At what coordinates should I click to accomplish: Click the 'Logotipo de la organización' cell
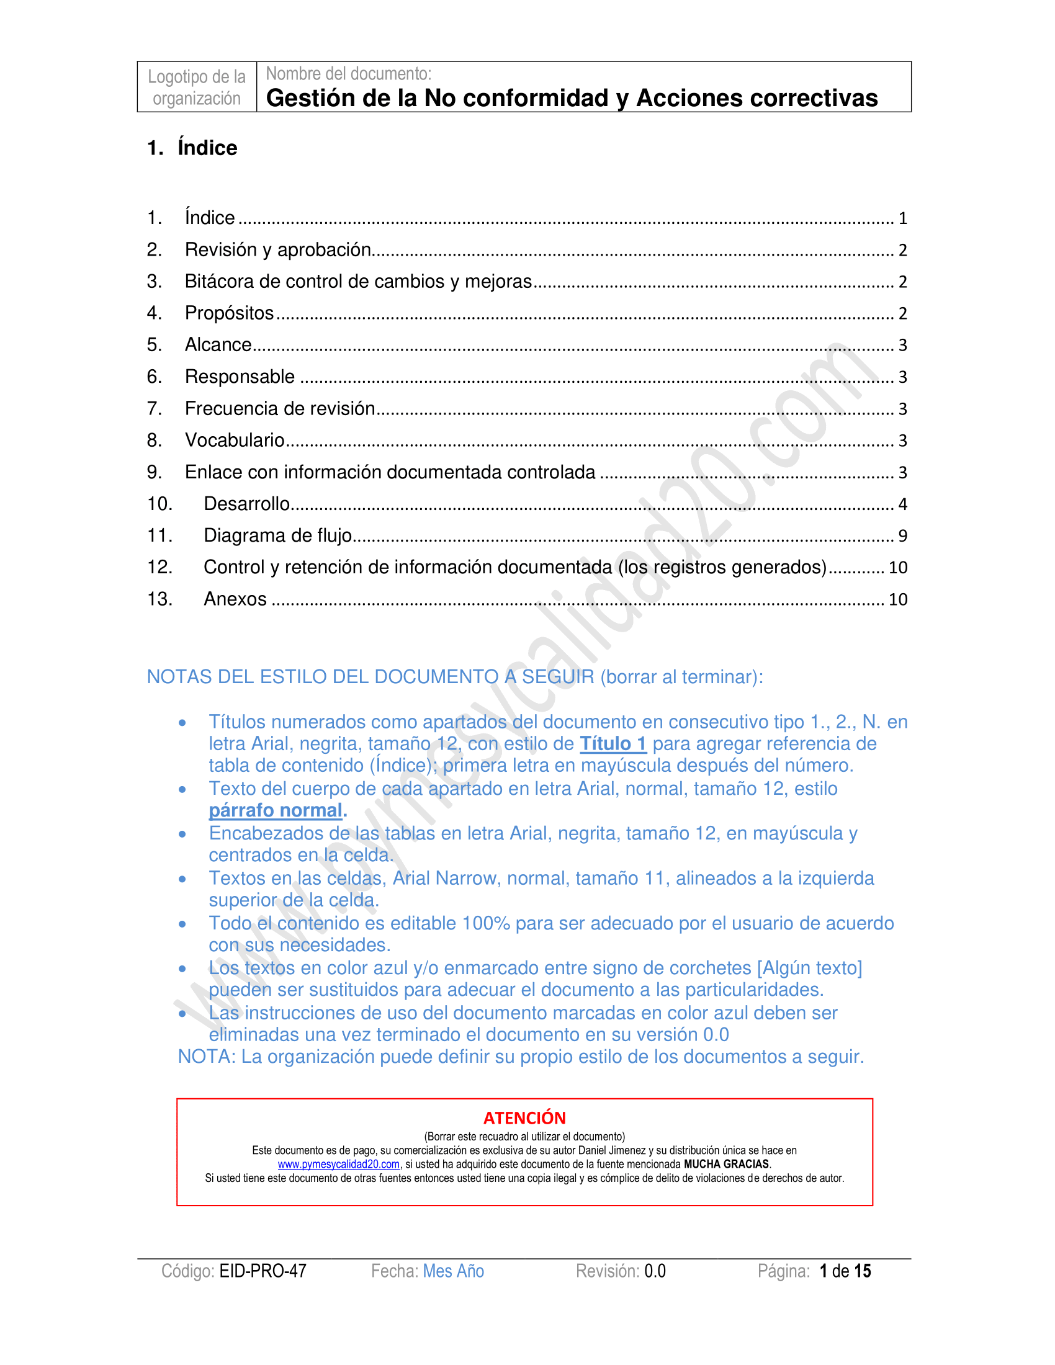(196, 87)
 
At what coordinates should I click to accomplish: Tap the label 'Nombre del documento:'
(348, 74)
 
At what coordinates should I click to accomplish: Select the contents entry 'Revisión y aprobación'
(277, 250)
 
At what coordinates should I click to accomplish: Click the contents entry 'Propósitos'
(229, 313)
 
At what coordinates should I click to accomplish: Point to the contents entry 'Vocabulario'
(235, 441)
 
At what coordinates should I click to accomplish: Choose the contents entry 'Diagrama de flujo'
(277, 535)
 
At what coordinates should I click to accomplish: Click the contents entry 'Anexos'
(235, 599)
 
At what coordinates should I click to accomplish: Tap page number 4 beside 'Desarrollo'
(902, 504)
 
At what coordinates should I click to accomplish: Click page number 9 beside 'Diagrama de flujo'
(902, 536)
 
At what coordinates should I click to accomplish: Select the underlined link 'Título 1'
(613, 744)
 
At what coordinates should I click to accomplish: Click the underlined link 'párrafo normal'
(275, 811)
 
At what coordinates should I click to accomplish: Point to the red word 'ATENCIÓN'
(524, 1118)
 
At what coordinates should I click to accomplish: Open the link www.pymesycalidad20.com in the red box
(339, 1165)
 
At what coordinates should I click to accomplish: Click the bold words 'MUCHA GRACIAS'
(726, 1165)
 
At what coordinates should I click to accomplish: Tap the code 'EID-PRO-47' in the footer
(263, 1271)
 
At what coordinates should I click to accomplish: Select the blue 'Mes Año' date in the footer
(453, 1271)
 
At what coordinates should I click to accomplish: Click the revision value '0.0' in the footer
(655, 1271)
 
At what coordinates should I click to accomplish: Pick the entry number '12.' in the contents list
(159, 568)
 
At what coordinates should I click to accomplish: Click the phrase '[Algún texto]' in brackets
(809, 968)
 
